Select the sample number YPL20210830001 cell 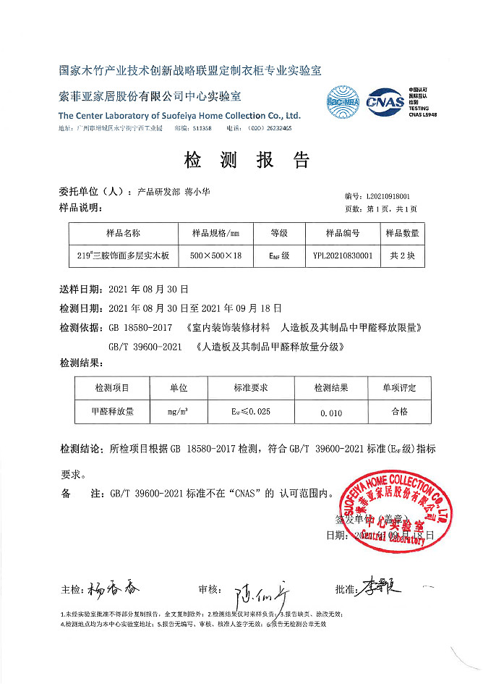pyautogui.click(x=343, y=256)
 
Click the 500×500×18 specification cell pyautogui.click(x=215, y=256)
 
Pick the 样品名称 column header pyautogui.click(x=123, y=233)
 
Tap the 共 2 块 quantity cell pyautogui.click(x=403, y=256)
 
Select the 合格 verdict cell pyautogui.click(x=399, y=410)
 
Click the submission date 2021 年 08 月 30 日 pyautogui.click(x=148, y=288)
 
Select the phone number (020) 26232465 pyautogui.click(x=268, y=128)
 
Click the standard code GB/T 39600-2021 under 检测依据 pyautogui.click(x=145, y=347)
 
